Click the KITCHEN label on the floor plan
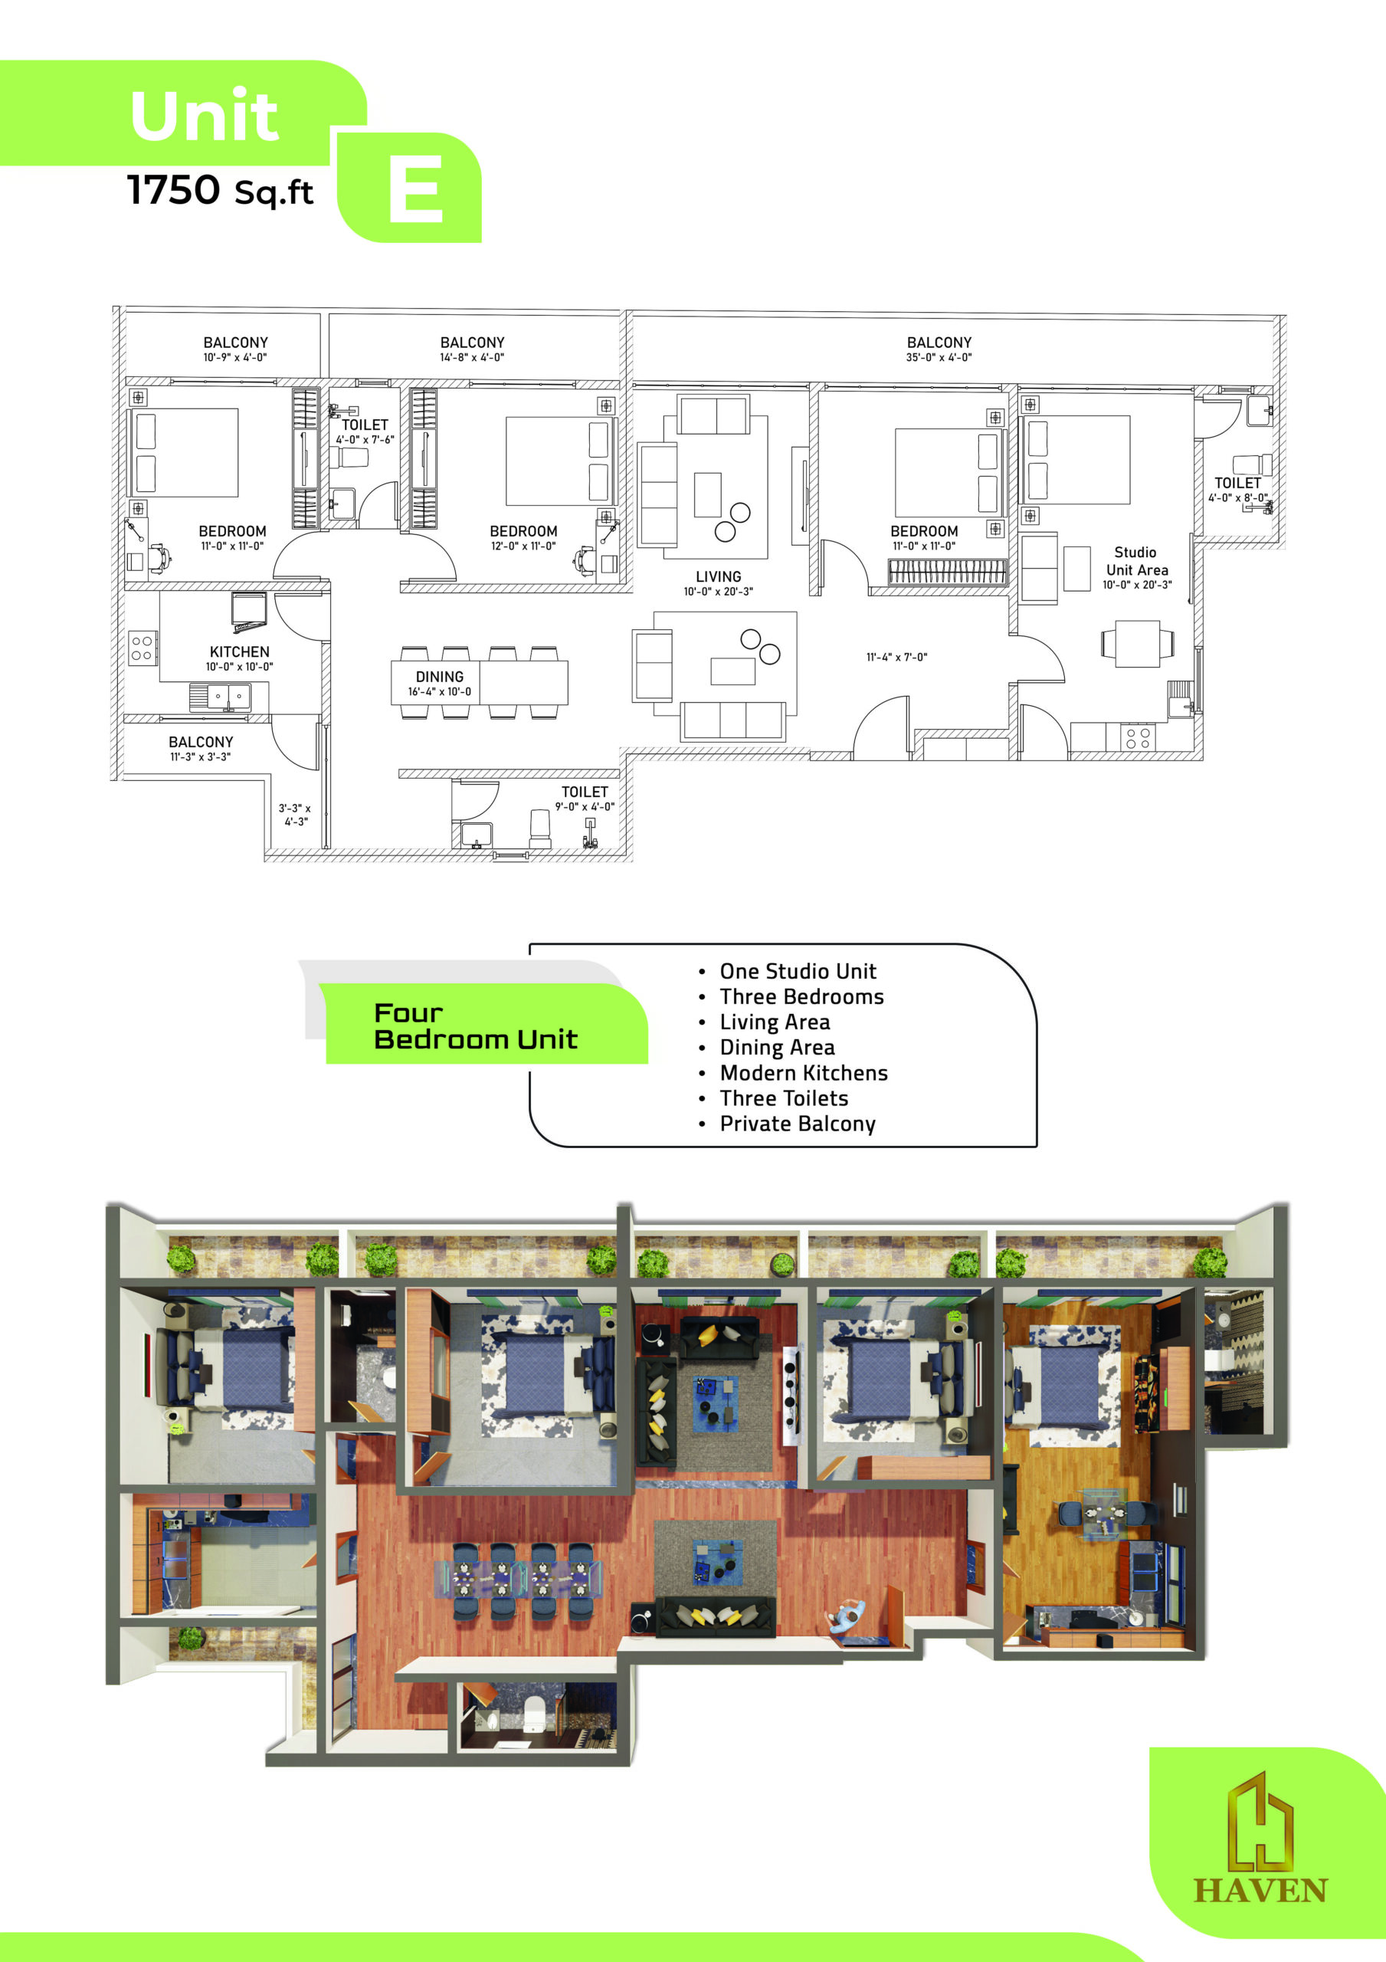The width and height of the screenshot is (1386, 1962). click(x=239, y=652)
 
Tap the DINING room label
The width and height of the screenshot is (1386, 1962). click(x=439, y=677)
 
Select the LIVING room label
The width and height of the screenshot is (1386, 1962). click(x=718, y=577)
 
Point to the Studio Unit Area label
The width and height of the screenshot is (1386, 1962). click(x=1136, y=562)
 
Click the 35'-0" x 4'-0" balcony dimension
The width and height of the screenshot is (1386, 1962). click(x=939, y=357)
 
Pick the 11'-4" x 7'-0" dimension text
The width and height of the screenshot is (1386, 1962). click(x=896, y=657)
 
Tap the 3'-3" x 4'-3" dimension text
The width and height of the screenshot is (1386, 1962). click(x=295, y=815)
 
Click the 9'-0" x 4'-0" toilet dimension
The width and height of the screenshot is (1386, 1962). click(x=585, y=807)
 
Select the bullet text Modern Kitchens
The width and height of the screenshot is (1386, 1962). click(x=803, y=1072)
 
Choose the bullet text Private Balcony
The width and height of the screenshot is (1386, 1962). click(x=798, y=1124)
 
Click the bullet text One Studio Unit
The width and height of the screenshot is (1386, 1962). click(x=798, y=971)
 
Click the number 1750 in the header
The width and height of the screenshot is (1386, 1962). click(x=173, y=190)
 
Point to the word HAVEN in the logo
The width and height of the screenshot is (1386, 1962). click(x=1260, y=1890)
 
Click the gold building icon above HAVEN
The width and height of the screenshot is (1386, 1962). click(x=1260, y=1820)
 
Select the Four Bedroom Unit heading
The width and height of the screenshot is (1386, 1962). click(x=475, y=1025)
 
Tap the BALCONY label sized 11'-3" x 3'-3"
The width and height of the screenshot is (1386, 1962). click(x=201, y=742)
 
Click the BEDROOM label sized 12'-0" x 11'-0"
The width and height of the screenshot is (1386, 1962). click(x=523, y=532)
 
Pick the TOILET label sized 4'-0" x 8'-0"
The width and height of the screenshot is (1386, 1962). click(x=1237, y=483)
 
